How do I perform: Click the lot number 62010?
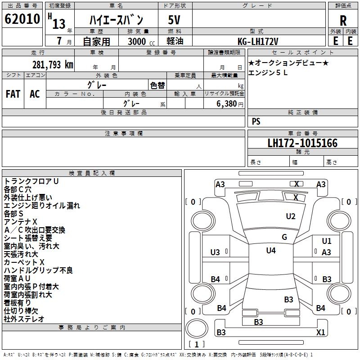pyautogui.click(x=22, y=19)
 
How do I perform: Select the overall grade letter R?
pyautogui.click(x=343, y=21)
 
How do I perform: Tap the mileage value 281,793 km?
pyautogui.click(x=53, y=65)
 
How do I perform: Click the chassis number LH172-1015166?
pyautogui.click(x=302, y=143)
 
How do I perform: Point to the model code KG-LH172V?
pyautogui.click(x=258, y=41)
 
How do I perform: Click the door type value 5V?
pyautogui.click(x=174, y=20)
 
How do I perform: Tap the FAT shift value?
pyautogui.click(x=13, y=94)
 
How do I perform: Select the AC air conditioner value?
pyautogui.click(x=35, y=94)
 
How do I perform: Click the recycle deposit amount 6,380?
pyautogui.click(x=227, y=104)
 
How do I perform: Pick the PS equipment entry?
pyautogui.click(x=256, y=121)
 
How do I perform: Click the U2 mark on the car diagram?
pyautogui.click(x=291, y=216)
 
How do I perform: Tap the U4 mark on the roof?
pyautogui.click(x=271, y=251)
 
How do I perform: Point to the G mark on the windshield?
pyautogui.click(x=284, y=237)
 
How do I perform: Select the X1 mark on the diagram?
pyautogui.click(x=320, y=332)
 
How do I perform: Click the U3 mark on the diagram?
pyautogui.click(x=215, y=252)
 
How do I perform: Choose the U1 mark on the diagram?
pyautogui.click(x=327, y=241)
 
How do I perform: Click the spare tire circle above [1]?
pyautogui.click(x=197, y=328)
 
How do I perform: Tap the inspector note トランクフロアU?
pyautogui.click(x=31, y=181)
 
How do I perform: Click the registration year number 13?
pyautogui.click(x=59, y=24)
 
